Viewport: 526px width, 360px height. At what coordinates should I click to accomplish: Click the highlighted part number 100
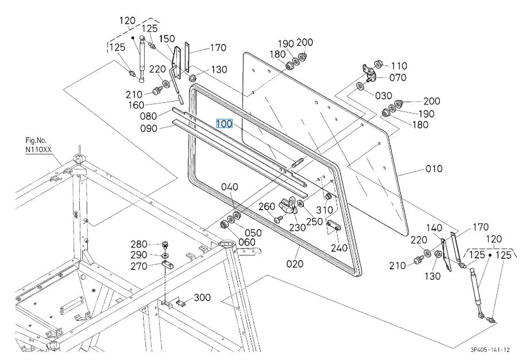tap(225, 124)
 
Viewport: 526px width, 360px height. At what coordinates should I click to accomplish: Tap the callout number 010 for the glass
tap(434, 168)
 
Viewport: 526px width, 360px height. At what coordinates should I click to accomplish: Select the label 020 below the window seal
tap(295, 264)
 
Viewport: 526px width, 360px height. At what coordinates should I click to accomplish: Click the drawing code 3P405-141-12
tap(490, 350)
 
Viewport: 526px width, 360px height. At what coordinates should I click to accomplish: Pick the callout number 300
tap(202, 297)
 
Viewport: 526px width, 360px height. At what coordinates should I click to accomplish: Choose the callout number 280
tap(139, 244)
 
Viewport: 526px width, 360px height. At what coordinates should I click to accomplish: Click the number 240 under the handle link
tap(339, 248)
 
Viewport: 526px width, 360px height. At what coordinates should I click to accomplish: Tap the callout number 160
tap(136, 105)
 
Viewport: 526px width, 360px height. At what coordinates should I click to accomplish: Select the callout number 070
tap(398, 78)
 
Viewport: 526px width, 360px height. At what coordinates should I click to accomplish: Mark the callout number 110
tap(399, 65)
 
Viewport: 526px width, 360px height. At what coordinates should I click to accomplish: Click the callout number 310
tap(324, 210)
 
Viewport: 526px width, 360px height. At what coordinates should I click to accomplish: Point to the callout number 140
tap(434, 228)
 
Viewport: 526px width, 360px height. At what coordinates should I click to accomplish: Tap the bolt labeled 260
tap(277, 220)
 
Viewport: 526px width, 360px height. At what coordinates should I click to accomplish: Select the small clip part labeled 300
tap(181, 303)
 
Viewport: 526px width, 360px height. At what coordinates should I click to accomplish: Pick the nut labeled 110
tap(379, 64)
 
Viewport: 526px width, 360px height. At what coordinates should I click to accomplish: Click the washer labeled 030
tap(359, 86)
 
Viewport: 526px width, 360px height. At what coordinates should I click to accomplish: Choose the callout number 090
tap(149, 129)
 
